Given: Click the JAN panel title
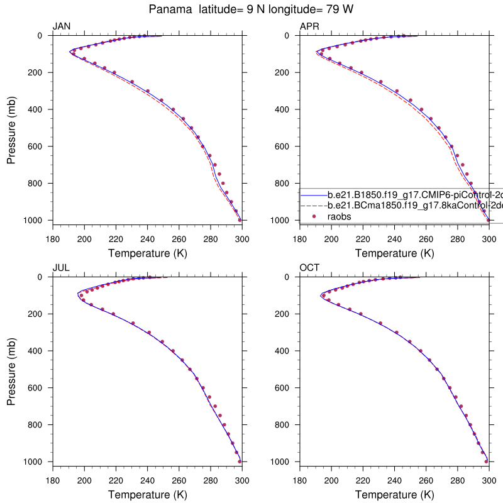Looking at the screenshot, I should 62,26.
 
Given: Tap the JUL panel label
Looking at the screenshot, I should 61,268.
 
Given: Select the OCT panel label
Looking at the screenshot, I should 309,268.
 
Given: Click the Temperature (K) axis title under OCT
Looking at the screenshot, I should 394,495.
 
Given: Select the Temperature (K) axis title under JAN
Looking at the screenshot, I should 147,253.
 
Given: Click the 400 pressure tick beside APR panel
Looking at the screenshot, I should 284,109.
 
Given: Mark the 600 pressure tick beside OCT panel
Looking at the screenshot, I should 284,388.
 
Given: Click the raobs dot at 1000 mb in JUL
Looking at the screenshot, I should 240,462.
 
